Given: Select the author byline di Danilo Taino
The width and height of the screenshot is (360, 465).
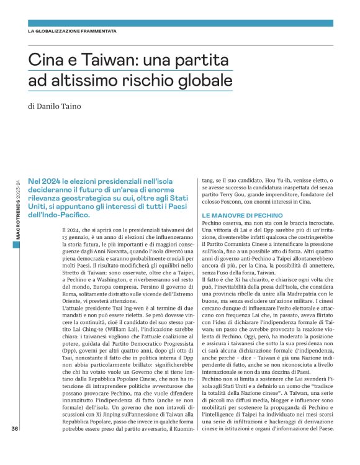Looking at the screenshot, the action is point(63,106).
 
